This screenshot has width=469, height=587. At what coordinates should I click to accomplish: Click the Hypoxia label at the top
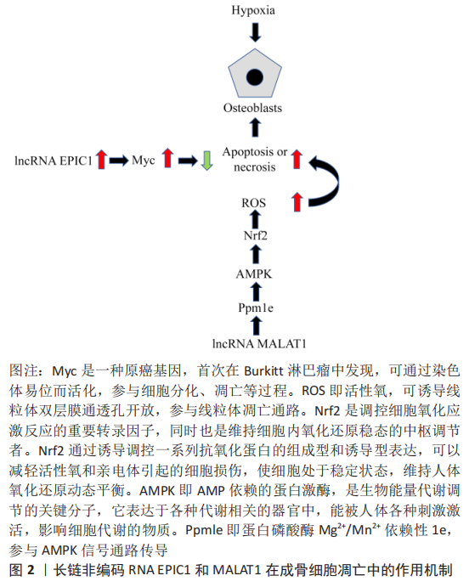(253, 10)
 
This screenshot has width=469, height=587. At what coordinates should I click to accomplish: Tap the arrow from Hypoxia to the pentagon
(255, 31)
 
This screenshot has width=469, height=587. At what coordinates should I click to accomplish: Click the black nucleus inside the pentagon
(255, 76)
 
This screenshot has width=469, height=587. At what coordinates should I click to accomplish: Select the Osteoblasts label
(252, 108)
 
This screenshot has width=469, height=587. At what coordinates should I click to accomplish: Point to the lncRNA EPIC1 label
(54, 161)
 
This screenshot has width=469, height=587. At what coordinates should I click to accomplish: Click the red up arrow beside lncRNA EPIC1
(101, 159)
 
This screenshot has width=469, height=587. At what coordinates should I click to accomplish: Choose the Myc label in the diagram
(144, 161)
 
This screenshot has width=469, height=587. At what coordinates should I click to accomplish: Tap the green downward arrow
(207, 161)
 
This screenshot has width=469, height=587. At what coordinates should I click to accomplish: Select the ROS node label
(254, 203)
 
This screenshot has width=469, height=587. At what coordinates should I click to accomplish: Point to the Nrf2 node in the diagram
(255, 235)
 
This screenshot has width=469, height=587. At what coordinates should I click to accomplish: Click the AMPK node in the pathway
(254, 274)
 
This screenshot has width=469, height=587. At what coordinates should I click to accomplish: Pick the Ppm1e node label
(256, 308)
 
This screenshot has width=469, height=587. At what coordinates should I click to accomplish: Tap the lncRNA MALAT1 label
(259, 343)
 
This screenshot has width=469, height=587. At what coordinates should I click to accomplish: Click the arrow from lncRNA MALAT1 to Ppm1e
(256, 325)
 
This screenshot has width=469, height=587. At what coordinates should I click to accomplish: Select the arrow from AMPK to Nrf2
(256, 254)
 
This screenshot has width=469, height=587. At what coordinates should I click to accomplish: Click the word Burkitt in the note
(263, 371)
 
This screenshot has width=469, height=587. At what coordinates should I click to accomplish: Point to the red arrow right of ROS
(297, 202)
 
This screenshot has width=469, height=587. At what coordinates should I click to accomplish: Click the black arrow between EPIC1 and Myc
(119, 161)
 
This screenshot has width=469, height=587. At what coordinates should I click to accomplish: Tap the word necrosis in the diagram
(255, 167)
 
